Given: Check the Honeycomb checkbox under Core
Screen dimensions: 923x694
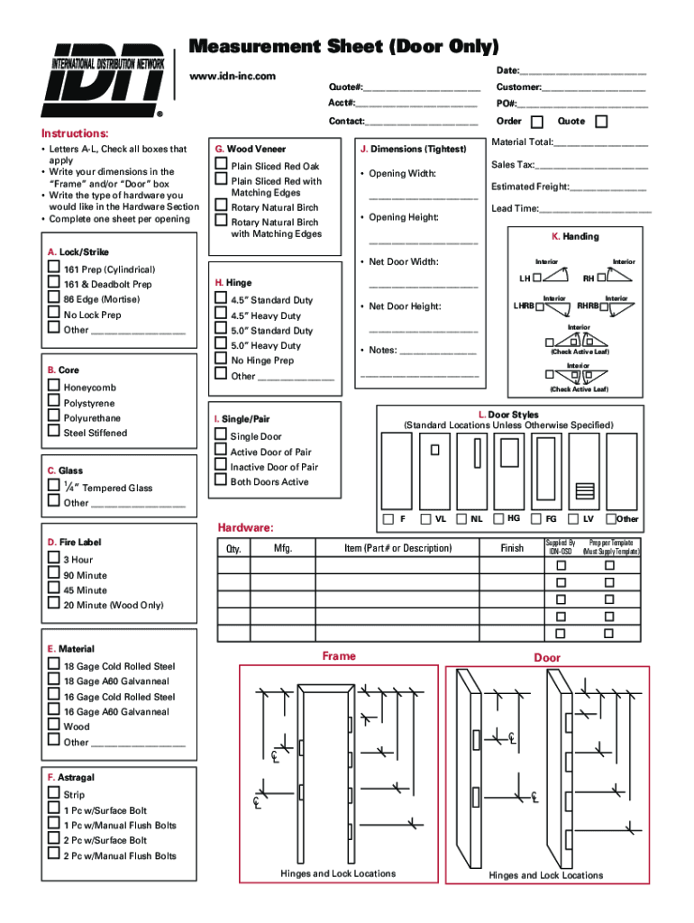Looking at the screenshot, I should [x=54, y=388].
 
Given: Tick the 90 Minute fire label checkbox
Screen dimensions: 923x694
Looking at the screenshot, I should [x=54, y=574].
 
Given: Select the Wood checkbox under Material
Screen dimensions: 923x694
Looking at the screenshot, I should [x=54, y=726].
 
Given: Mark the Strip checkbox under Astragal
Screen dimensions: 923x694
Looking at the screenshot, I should [x=54, y=794].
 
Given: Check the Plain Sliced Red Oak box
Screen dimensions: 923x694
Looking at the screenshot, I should [x=221, y=165].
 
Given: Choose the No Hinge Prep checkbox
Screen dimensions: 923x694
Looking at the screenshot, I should [x=221, y=360].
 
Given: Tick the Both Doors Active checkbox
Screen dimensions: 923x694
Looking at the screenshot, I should [x=221, y=480].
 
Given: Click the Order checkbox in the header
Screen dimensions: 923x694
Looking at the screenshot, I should [x=537, y=122].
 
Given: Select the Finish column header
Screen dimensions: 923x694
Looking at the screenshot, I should [x=512, y=548].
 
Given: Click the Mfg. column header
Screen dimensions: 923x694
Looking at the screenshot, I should [x=283, y=548].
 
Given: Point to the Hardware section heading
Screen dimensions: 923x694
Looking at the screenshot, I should [x=246, y=527].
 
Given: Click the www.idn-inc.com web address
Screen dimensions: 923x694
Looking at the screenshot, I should [x=233, y=76].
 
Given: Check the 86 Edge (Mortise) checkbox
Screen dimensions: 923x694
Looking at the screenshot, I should [x=54, y=299].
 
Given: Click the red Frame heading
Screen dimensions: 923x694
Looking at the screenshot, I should [x=339, y=656].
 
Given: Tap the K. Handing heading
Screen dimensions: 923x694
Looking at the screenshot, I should [x=575, y=236].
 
